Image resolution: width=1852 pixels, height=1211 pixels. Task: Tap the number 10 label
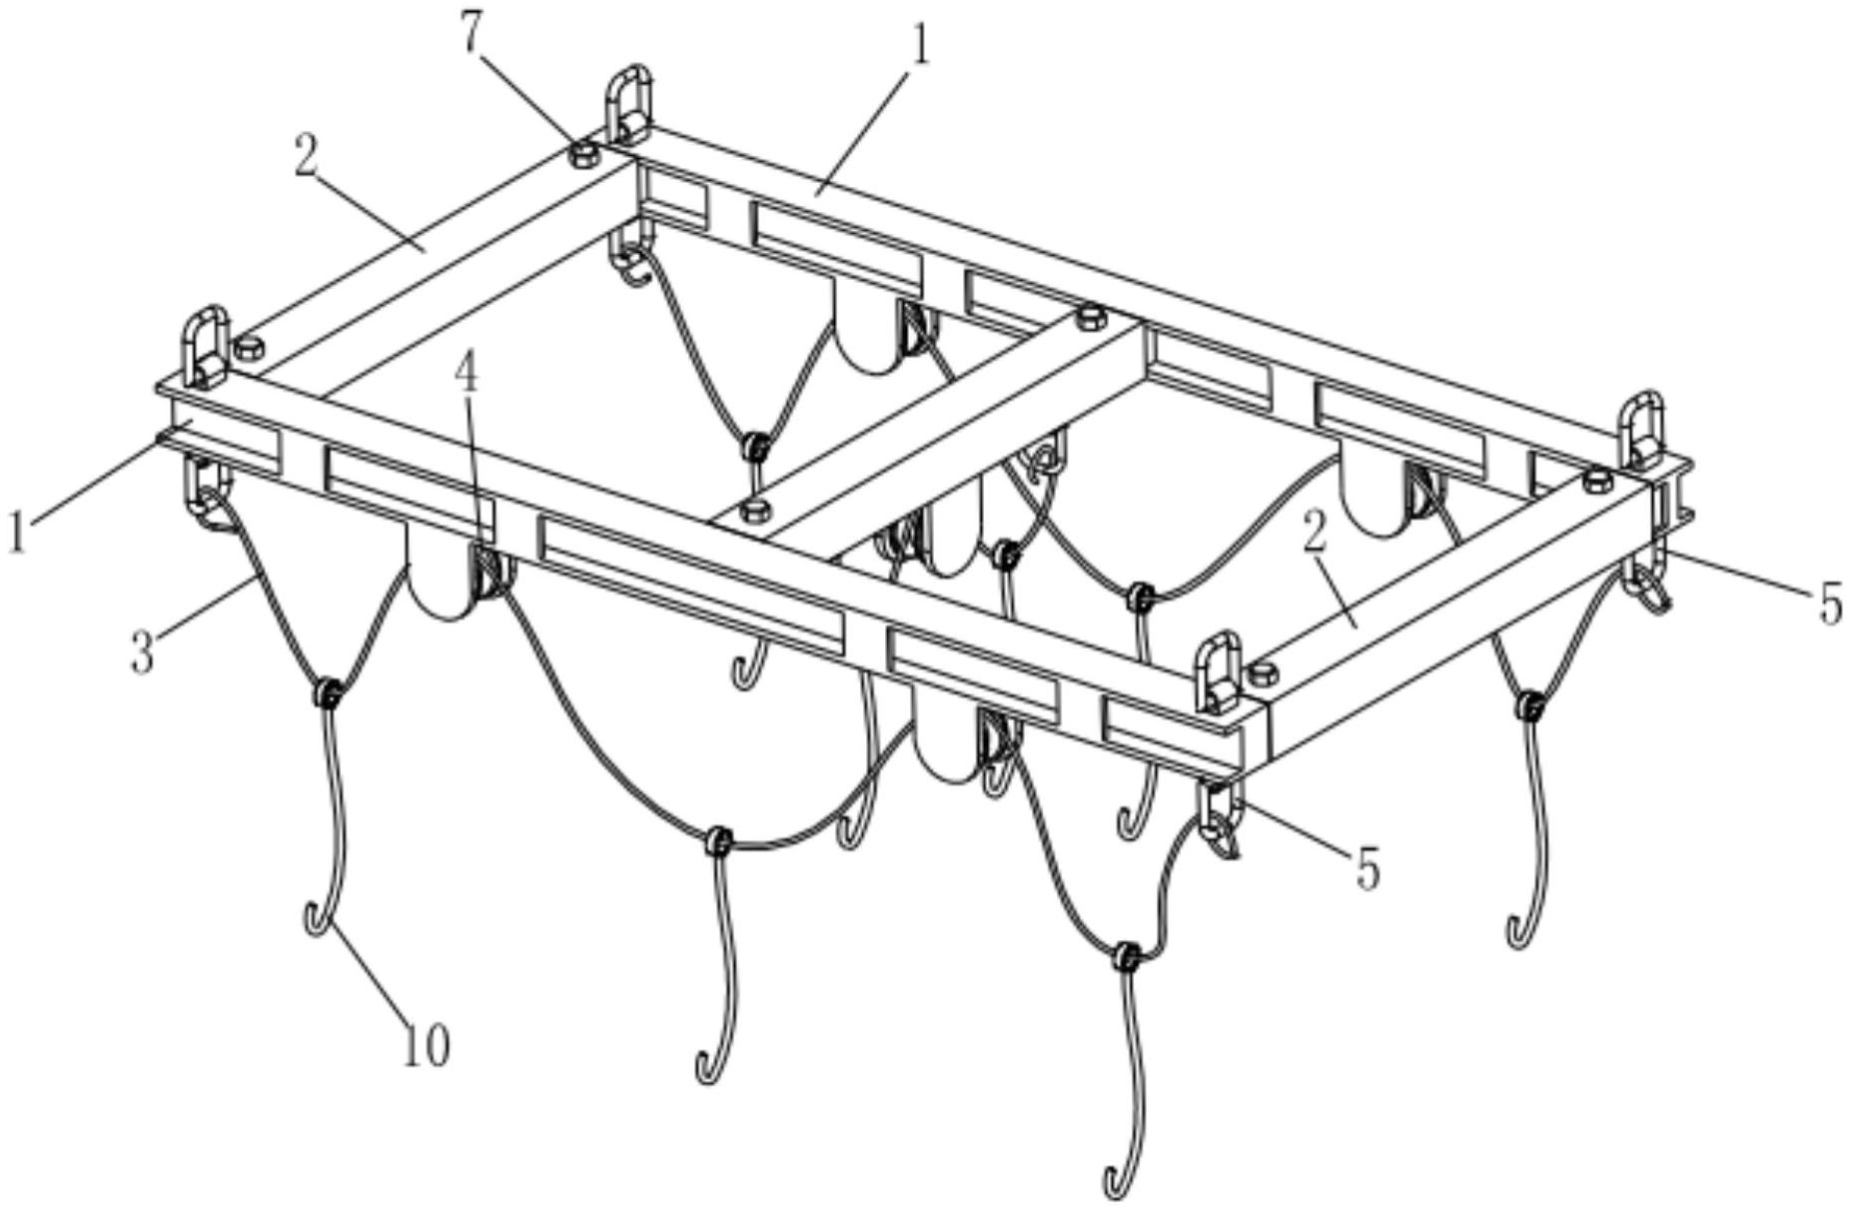pos(426,1046)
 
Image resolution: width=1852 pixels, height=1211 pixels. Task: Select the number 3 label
pos(143,651)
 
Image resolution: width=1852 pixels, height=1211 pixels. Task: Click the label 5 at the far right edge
pos(1830,604)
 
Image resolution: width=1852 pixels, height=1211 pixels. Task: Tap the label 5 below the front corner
pos(1368,867)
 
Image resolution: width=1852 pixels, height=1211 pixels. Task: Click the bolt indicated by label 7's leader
pos(582,154)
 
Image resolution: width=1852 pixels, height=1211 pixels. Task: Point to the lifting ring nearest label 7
pos(627,103)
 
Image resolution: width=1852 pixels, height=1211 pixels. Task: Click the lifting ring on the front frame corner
pos(1221,672)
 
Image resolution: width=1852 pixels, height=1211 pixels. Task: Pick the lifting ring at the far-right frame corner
pos(1640,432)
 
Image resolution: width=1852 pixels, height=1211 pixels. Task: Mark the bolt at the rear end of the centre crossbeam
pos(1090,318)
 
